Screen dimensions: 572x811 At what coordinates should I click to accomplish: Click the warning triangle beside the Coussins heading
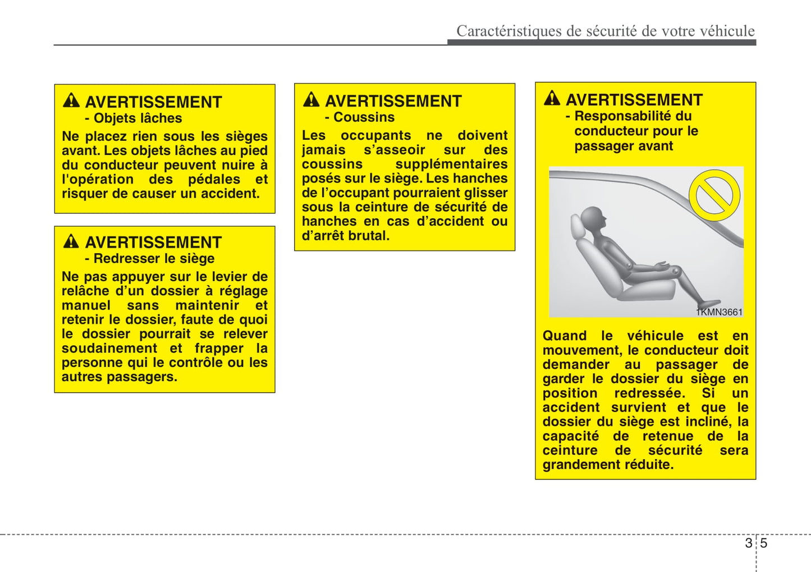[311, 100]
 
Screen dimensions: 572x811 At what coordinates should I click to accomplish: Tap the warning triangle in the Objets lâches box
[71, 100]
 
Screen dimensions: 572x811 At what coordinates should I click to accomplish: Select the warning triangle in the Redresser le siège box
[71, 241]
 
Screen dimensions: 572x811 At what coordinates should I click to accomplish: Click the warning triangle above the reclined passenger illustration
[552, 98]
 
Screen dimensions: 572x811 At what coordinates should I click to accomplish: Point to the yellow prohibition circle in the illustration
[714, 195]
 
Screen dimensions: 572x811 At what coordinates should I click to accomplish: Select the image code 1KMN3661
[719, 312]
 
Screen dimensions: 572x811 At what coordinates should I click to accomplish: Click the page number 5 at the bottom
[764, 543]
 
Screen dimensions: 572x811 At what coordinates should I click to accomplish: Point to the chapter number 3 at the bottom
[749, 543]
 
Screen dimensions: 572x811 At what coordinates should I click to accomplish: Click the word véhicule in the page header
[727, 31]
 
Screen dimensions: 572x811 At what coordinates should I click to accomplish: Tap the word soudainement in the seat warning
[109, 349]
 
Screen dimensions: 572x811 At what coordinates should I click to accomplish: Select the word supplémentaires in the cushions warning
[451, 164]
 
